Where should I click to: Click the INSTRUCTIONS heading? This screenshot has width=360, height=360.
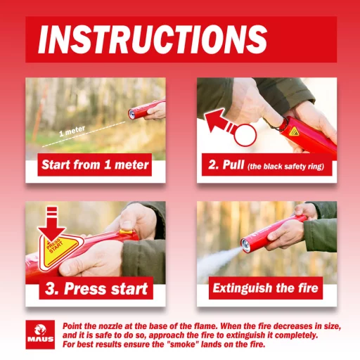tap(153, 39)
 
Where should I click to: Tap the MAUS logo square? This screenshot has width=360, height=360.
tap(40, 335)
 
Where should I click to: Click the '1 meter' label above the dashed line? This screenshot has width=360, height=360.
tap(72, 131)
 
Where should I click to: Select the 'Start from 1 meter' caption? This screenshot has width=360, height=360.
tap(95, 165)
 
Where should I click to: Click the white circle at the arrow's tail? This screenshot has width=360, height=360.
tap(245, 135)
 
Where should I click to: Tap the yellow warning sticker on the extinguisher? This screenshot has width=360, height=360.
tap(294, 132)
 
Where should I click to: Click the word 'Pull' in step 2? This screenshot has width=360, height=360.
tap(233, 165)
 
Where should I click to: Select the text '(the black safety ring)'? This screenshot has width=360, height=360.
tap(286, 167)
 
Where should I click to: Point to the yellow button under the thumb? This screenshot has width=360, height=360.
tap(126, 232)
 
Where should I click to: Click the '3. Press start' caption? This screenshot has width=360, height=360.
tap(96, 288)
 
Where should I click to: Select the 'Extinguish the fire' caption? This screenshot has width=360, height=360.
tap(266, 288)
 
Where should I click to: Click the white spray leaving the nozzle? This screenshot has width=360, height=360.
tap(219, 262)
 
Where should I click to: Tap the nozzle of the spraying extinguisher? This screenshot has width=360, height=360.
tap(246, 245)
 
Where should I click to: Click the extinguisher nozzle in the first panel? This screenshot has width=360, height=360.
tap(132, 113)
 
